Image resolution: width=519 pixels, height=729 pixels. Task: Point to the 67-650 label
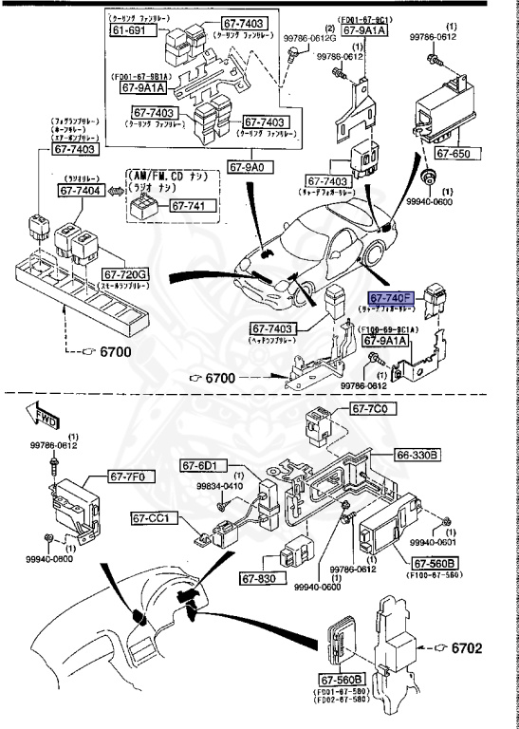click(453, 152)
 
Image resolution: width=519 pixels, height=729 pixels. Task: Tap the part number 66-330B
click(417, 456)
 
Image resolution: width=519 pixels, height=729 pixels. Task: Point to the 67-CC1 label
click(151, 518)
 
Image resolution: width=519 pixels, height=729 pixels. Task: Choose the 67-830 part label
click(257, 578)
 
